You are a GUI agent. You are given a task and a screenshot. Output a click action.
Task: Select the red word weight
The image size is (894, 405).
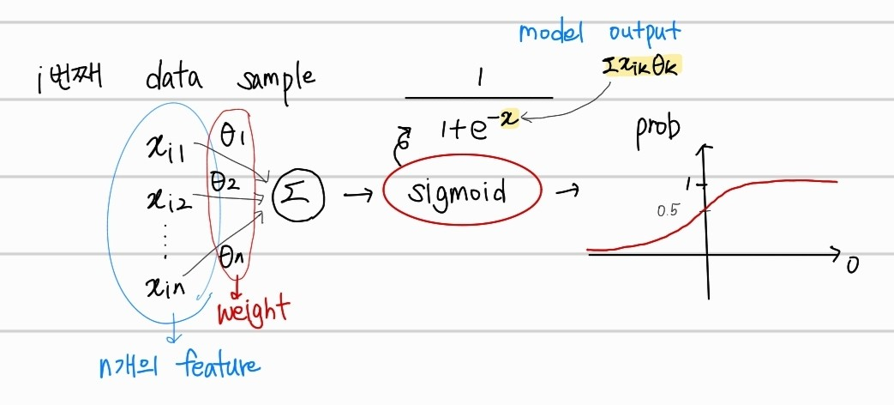click(x=254, y=310)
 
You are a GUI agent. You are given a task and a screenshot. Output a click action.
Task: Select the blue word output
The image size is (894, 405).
click(x=645, y=33)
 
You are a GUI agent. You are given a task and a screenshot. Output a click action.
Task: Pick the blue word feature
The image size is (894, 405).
click(x=218, y=366)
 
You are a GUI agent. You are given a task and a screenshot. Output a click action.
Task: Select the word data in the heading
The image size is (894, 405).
click(x=174, y=79)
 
